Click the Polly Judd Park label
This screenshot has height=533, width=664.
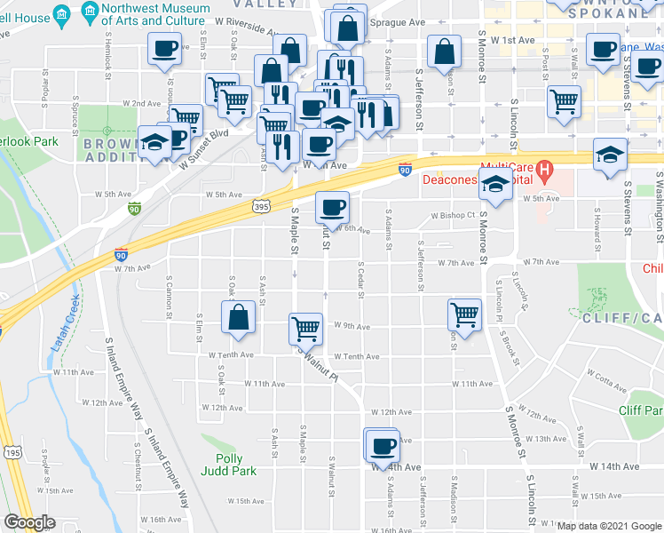click(228, 465)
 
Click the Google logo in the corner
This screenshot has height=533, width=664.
click(29, 522)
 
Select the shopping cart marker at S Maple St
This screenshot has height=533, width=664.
click(305, 328)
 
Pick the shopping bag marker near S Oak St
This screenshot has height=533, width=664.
click(239, 318)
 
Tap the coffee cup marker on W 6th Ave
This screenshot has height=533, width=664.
click(333, 208)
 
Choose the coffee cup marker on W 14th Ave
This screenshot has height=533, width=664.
click(383, 445)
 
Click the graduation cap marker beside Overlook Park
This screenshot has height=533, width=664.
click(154, 142)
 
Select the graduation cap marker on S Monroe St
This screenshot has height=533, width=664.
click(497, 184)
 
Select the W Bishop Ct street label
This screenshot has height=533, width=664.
click(454, 215)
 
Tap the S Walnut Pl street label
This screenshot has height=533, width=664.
click(320, 362)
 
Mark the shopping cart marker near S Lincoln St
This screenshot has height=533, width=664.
click(564, 101)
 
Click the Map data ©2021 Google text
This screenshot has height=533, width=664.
click(608, 526)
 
